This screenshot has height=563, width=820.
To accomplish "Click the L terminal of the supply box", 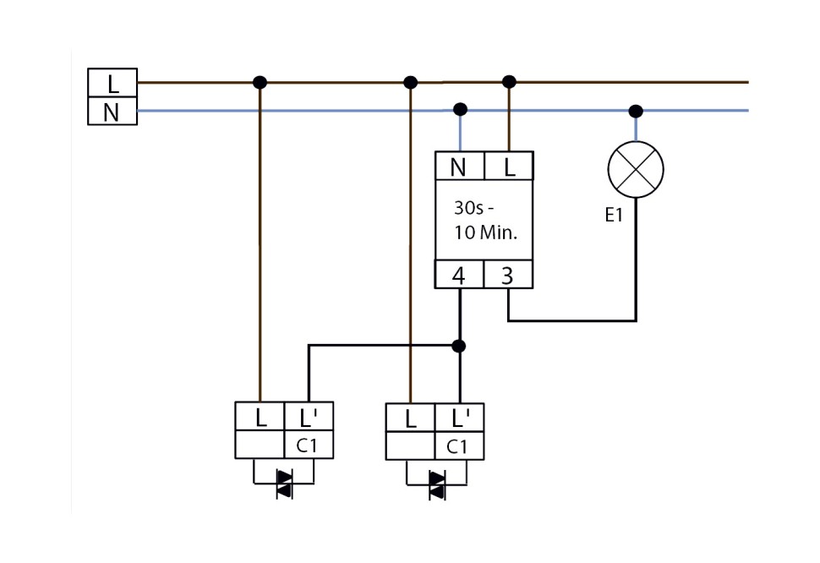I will [x=112, y=84].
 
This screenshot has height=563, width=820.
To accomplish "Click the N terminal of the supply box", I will [x=112, y=112].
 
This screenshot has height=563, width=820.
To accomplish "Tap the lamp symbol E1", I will [x=636, y=169].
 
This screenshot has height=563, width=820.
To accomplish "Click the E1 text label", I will [x=614, y=216].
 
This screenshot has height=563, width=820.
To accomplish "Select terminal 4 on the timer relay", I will [x=459, y=276].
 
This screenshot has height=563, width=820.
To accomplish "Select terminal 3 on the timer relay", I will [x=508, y=276].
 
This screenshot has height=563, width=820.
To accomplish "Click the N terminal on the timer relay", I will [x=459, y=167].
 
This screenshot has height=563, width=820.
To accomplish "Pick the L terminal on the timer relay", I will [x=509, y=167].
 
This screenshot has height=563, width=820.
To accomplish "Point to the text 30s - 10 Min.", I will [x=484, y=221].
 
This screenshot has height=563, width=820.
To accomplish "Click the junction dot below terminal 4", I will [x=459, y=346].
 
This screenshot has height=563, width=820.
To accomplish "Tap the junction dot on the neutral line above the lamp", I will [x=636, y=111].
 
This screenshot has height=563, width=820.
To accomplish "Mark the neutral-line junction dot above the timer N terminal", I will [x=460, y=109].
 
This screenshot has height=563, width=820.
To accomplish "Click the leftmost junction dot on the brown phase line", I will [x=260, y=83].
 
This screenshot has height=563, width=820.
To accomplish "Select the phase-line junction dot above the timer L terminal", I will [x=508, y=82].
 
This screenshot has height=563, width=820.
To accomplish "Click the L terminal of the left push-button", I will [x=260, y=417].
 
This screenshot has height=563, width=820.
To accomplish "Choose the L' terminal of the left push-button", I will [x=308, y=417].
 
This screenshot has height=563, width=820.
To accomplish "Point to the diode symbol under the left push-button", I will [x=284, y=484].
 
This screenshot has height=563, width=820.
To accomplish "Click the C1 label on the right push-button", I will [x=457, y=447].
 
